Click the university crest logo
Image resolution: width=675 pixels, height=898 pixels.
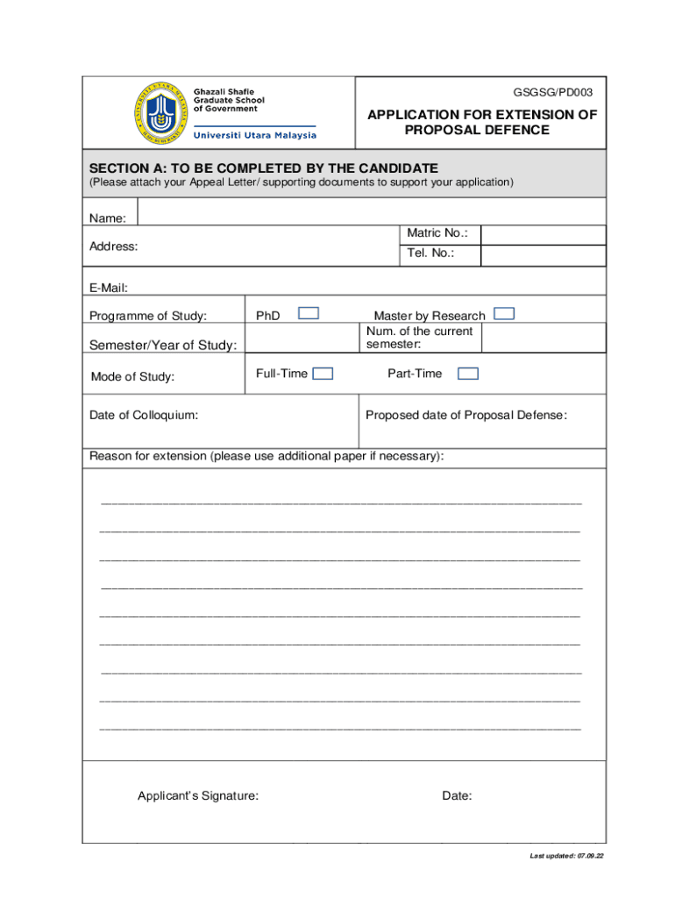(163, 113)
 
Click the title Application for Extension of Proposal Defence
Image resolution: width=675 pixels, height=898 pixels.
(481, 123)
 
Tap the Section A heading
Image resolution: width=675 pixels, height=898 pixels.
(264, 167)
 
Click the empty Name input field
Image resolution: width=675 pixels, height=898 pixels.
(371, 213)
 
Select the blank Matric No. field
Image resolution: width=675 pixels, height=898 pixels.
(543, 234)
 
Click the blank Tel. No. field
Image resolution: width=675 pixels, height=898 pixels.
(543, 255)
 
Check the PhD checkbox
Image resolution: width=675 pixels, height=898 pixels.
(309, 314)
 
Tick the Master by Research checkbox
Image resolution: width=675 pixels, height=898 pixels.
(504, 314)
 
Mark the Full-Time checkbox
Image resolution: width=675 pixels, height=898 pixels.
(323, 374)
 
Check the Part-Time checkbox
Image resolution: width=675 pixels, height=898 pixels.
(468, 374)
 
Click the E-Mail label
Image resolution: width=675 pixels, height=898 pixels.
(109, 287)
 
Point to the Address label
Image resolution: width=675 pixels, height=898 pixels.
(114, 246)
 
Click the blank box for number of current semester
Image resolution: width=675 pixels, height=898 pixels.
(543, 338)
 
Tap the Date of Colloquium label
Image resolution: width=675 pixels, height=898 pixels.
(144, 416)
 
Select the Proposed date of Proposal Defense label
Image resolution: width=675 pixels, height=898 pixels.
(466, 416)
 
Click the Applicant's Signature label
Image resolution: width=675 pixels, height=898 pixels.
(198, 796)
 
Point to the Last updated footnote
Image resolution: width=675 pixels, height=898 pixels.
(566, 856)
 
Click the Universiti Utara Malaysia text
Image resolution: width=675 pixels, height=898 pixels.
(254, 135)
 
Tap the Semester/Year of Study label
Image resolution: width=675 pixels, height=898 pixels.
(163, 346)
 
